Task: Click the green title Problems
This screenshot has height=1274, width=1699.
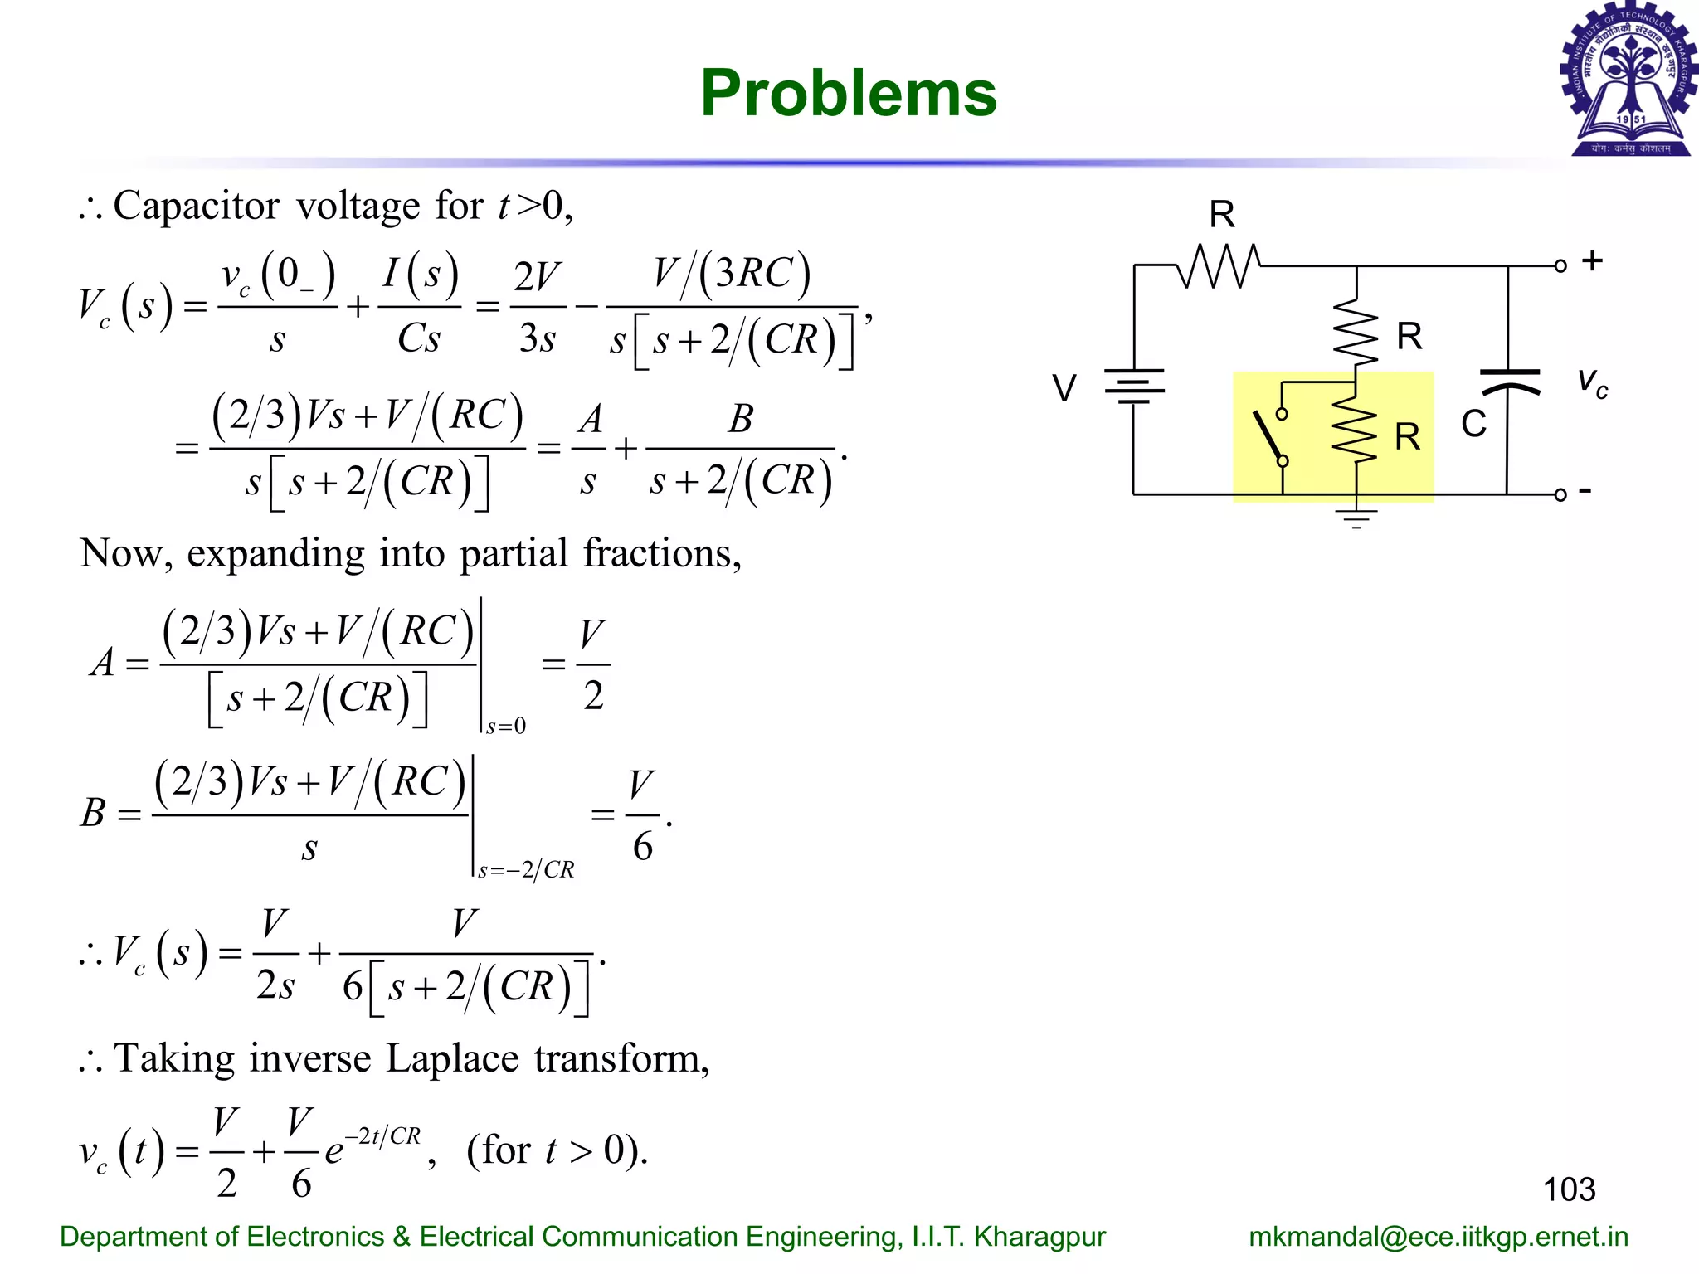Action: (x=848, y=93)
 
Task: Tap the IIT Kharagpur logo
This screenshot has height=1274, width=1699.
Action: (x=1629, y=80)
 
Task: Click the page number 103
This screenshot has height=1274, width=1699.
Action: (x=1569, y=1189)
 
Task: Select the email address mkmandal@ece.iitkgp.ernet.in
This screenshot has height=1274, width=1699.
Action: (x=1439, y=1237)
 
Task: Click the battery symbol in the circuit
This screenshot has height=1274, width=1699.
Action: (x=1133, y=387)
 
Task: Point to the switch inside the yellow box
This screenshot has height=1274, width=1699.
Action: (x=1271, y=437)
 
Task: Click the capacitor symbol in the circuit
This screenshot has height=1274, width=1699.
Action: (x=1509, y=382)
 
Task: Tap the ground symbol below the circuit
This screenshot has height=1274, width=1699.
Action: (x=1356, y=518)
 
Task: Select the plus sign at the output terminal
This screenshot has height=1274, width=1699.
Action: (x=1591, y=260)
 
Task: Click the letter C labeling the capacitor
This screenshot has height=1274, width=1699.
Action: (x=1473, y=424)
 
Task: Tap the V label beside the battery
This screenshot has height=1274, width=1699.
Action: (x=1064, y=388)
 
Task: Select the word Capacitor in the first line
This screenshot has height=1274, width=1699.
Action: (x=197, y=206)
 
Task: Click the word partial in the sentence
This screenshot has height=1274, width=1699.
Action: (x=514, y=553)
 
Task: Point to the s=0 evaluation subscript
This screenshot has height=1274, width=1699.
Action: (x=506, y=727)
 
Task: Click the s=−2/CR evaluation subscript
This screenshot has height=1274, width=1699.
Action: (x=526, y=869)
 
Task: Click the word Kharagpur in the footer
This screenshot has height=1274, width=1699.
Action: (x=1039, y=1237)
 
